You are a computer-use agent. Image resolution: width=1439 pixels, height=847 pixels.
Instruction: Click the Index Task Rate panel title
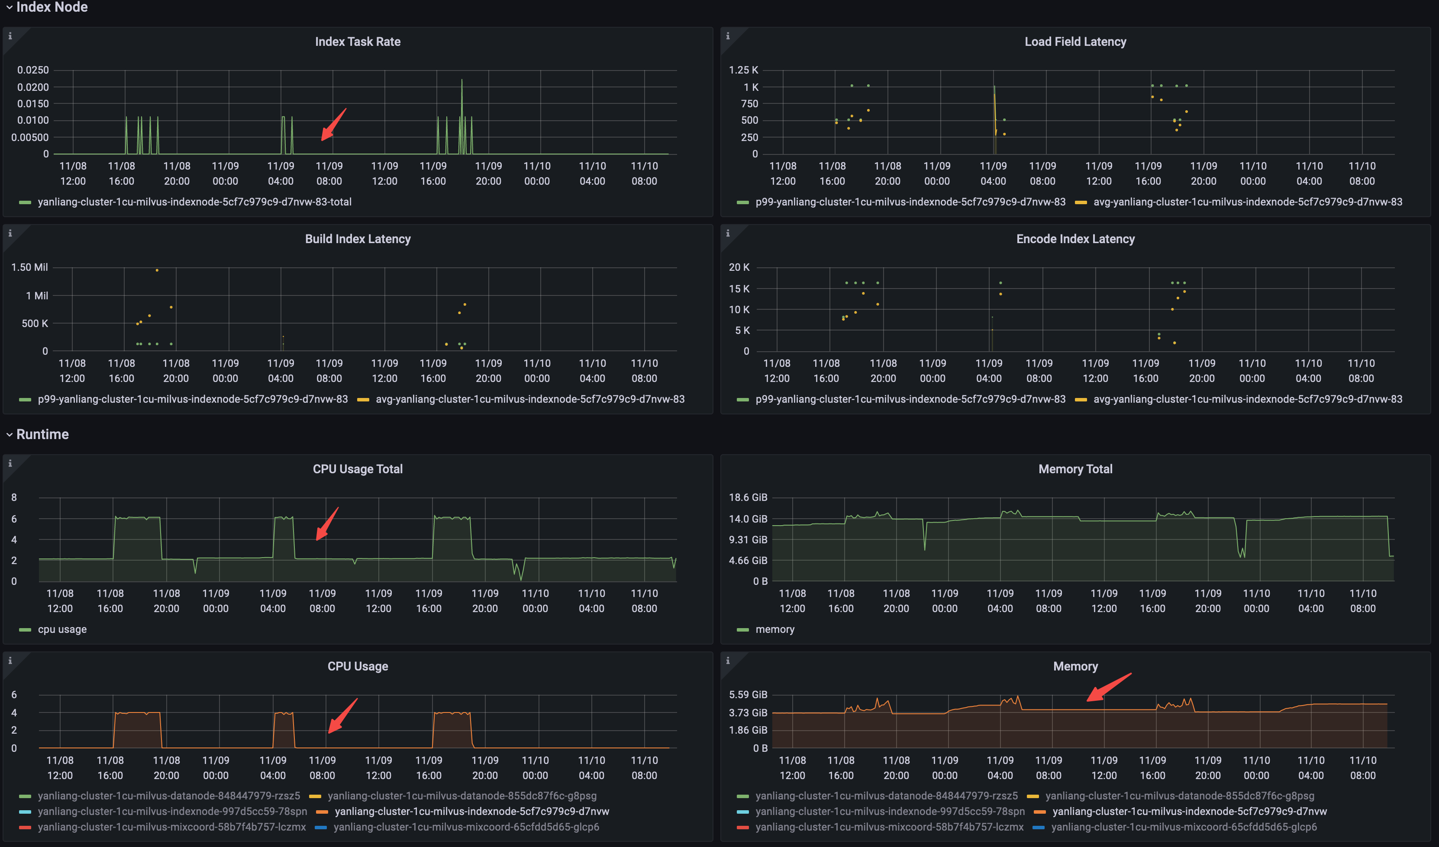click(358, 42)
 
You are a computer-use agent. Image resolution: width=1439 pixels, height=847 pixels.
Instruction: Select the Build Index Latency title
click(358, 239)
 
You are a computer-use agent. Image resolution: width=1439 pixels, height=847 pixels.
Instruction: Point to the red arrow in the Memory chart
click(1108, 687)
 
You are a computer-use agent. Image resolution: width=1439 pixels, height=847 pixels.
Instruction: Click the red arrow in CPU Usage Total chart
click(327, 523)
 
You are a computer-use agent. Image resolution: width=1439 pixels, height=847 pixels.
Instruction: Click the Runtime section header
click(42, 434)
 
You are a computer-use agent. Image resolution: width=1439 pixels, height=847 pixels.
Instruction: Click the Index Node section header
click(52, 7)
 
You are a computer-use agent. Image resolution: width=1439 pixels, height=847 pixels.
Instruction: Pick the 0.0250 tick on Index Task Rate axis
click(33, 70)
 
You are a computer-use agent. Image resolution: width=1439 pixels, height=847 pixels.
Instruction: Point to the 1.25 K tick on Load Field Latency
click(743, 70)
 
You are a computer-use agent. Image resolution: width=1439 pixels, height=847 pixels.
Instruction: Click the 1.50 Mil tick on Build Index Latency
click(30, 267)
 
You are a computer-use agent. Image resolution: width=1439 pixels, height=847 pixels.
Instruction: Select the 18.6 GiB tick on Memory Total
click(748, 497)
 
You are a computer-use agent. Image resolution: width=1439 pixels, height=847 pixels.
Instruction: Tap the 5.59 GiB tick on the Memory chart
click(748, 695)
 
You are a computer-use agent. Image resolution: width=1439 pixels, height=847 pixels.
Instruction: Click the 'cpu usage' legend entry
click(61, 629)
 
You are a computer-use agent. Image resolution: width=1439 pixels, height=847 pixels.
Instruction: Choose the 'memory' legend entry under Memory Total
click(774, 629)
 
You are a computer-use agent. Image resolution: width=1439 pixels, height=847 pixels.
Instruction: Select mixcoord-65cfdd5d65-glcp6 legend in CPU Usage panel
click(466, 827)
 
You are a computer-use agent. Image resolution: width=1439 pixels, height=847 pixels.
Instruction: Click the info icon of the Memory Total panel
click(727, 463)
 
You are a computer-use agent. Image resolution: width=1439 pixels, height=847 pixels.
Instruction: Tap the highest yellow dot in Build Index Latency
click(157, 270)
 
